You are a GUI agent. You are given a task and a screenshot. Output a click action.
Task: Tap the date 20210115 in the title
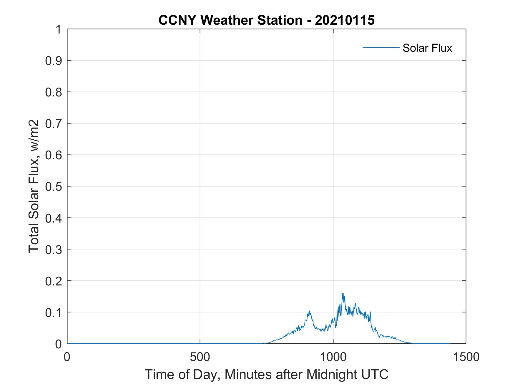[x=345, y=20]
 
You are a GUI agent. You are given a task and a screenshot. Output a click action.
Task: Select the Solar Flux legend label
[x=427, y=48]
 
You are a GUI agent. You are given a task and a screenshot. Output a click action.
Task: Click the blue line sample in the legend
[x=381, y=47]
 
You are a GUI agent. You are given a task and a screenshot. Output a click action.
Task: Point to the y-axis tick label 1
[x=59, y=29]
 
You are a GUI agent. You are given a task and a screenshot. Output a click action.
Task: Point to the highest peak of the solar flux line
[x=343, y=293]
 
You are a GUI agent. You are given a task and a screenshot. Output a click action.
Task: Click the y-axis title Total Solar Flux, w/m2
[x=34, y=186]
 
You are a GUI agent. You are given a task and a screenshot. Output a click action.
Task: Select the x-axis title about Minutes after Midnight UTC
[x=266, y=374]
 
